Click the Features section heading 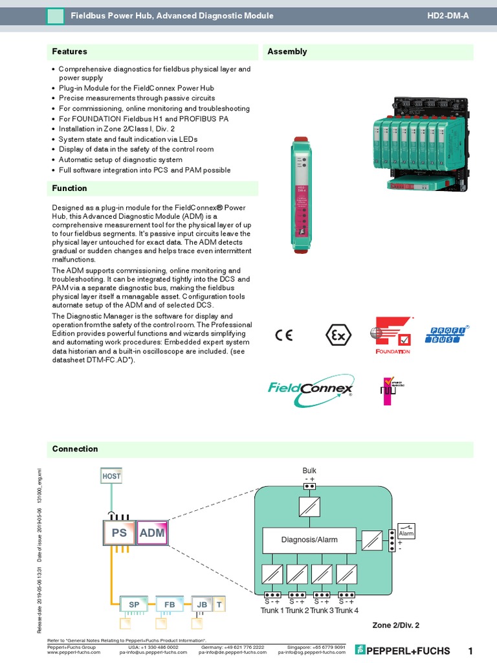70,52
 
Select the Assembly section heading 287,52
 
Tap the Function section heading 70,188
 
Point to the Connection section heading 75,449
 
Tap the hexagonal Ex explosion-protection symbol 338,335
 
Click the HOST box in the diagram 111,477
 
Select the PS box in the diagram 119,534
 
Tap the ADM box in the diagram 152,534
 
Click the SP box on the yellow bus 134,604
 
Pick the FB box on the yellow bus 170,604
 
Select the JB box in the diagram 201,604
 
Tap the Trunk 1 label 272,611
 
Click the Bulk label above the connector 309,471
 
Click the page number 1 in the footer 470,650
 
